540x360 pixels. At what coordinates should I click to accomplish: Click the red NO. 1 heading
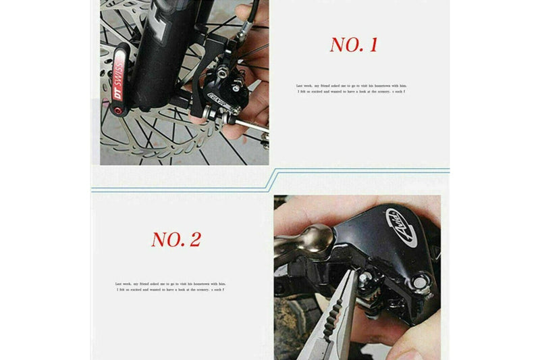click(353, 45)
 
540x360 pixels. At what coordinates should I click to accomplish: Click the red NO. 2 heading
click(175, 239)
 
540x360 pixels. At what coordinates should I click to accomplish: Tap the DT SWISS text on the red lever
click(119, 78)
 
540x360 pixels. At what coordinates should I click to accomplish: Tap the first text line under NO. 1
click(352, 86)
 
